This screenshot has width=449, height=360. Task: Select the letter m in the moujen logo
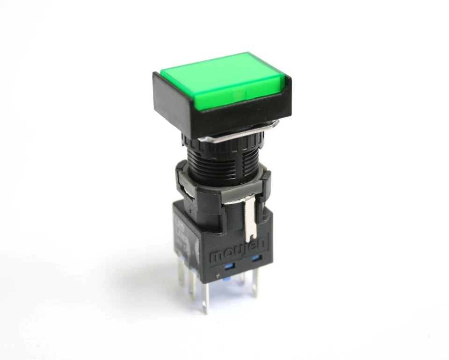click(x=217, y=257)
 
